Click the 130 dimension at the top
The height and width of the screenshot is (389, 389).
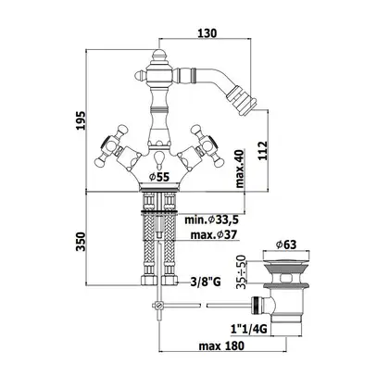[207, 32]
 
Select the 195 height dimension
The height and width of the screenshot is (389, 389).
[82, 120]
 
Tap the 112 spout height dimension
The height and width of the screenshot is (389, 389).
[262, 150]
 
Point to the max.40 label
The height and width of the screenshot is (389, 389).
[240, 169]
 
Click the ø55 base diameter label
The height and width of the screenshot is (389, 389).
[159, 177]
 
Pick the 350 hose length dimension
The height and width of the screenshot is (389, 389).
[82, 242]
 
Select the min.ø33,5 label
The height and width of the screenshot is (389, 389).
[211, 220]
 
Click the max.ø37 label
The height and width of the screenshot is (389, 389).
[214, 235]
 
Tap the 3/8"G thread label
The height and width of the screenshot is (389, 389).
[206, 282]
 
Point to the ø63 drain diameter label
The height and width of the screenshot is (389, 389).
[286, 245]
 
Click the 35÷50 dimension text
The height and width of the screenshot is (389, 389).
[242, 272]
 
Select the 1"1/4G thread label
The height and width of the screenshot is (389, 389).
[249, 330]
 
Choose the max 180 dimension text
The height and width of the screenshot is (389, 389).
[221, 345]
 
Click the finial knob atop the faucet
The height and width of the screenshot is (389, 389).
[158, 56]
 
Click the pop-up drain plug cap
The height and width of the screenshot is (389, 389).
[285, 263]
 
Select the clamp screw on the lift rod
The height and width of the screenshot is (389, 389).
[158, 306]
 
